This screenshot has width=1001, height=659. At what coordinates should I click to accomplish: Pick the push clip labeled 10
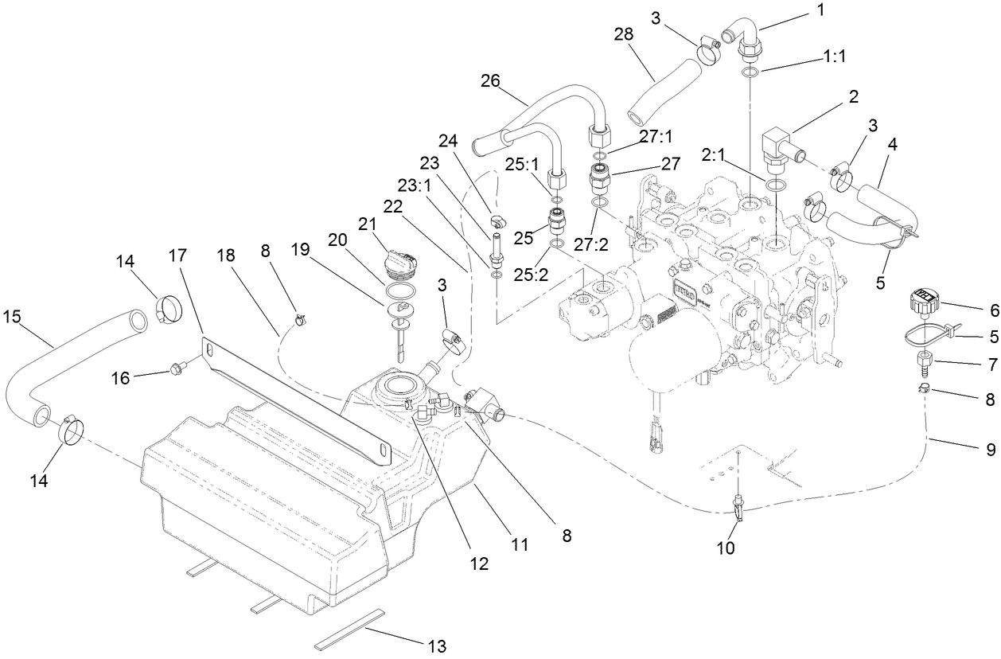pos(739,509)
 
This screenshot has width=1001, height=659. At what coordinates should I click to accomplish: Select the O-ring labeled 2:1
pos(777,185)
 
